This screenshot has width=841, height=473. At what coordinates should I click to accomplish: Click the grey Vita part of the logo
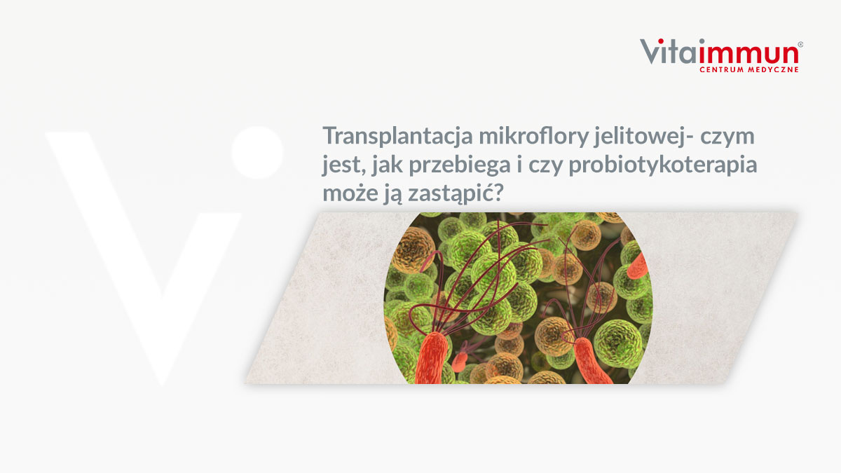pyautogui.click(x=669, y=52)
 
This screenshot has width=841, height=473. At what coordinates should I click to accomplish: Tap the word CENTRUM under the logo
pyautogui.click(x=721, y=69)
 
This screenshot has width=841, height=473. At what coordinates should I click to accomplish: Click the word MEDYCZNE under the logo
pyautogui.click(x=772, y=69)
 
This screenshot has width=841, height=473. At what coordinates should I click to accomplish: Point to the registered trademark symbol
pyautogui.click(x=800, y=44)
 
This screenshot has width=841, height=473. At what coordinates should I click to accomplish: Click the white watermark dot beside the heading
pyautogui.click(x=257, y=151)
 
